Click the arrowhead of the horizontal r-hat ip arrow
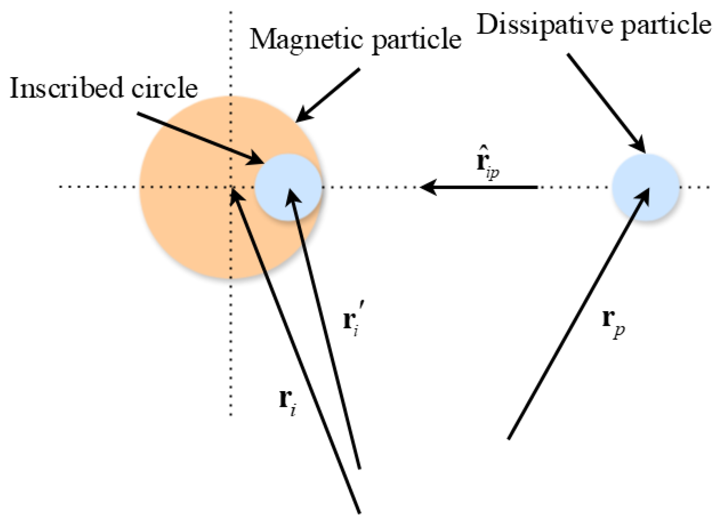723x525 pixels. (428, 187)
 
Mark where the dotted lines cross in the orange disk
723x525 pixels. (231, 187)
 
